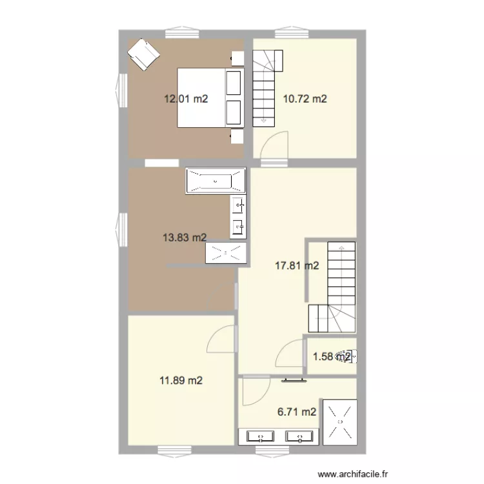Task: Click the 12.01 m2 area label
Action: (186, 99)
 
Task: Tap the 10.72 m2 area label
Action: (305, 99)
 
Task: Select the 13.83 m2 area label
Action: (185, 237)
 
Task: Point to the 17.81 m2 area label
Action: (297, 265)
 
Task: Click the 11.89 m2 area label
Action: (181, 381)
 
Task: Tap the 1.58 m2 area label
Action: (331, 356)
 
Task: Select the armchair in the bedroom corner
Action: (143, 54)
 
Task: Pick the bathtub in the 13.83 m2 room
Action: (216, 181)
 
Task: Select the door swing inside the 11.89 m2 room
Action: (220, 340)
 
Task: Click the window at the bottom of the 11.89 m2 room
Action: (171, 450)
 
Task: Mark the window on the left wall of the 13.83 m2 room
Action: (121, 229)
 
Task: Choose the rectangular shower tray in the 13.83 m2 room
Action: (226, 253)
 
